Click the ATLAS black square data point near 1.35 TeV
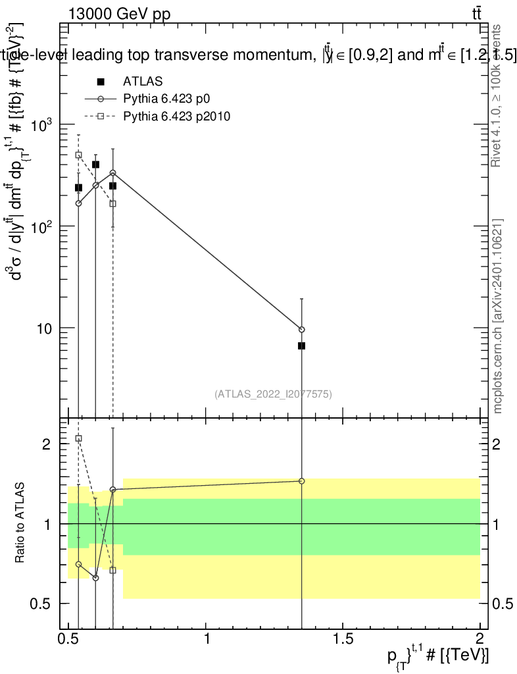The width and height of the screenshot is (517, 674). [x=301, y=346]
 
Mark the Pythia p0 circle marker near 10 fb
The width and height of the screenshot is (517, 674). [x=301, y=329]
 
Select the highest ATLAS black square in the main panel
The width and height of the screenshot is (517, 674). [x=95, y=165]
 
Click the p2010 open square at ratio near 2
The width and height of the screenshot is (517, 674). [x=78, y=438]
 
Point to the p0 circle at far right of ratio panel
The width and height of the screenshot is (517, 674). [x=301, y=481]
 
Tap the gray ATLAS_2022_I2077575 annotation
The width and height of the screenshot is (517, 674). [x=273, y=394]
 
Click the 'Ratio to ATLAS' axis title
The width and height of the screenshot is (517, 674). [x=21, y=523]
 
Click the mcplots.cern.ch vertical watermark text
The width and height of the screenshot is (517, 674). [x=498, y=316]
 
